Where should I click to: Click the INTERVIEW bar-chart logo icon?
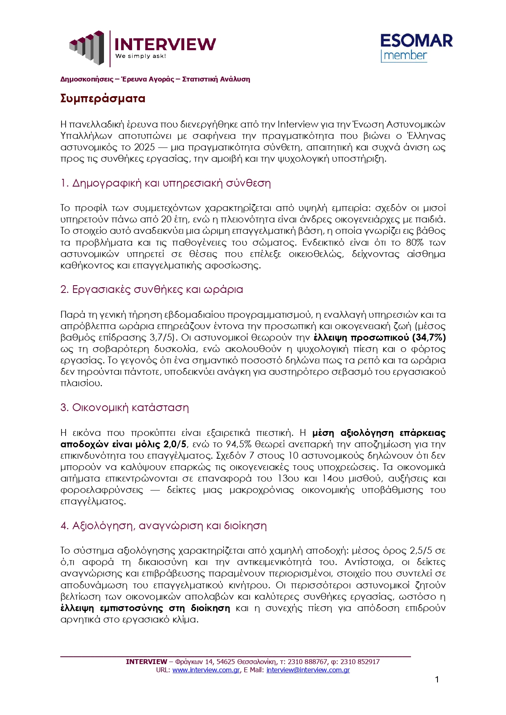pos(87,47)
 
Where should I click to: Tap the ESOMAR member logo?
pos(416,48)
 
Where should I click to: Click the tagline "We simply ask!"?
pos(141,56)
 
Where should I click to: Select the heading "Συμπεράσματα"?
pos(103,99)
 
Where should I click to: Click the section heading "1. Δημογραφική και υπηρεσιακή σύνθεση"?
pos(166,183)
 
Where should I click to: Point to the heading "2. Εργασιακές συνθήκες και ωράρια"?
pos(151,290)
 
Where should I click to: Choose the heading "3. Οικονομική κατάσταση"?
pos(124,408)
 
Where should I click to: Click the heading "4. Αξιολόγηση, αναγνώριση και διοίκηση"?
pos(163,526)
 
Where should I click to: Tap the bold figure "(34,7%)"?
pos(429,338)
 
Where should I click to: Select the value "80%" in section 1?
pos(415,243)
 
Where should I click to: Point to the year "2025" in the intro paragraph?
pos(145,147)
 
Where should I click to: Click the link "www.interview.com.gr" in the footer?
pos(206,670)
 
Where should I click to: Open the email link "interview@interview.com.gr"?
pos(308,670)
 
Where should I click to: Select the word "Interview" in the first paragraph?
pos(298,125)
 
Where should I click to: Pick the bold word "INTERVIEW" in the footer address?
pos(146,662)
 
